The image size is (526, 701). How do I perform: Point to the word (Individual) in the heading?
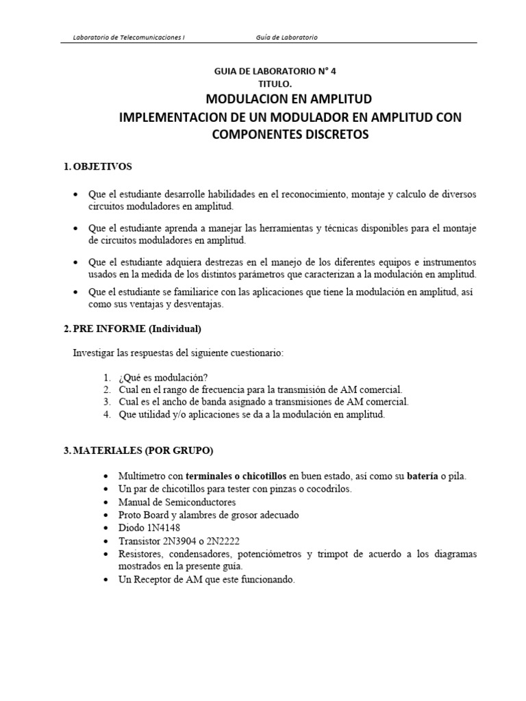pos(171,329)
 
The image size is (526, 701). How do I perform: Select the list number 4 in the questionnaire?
pos(106,415)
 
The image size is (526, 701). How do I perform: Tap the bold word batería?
pos(426,476)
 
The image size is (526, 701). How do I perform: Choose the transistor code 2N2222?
pos(230,541)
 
